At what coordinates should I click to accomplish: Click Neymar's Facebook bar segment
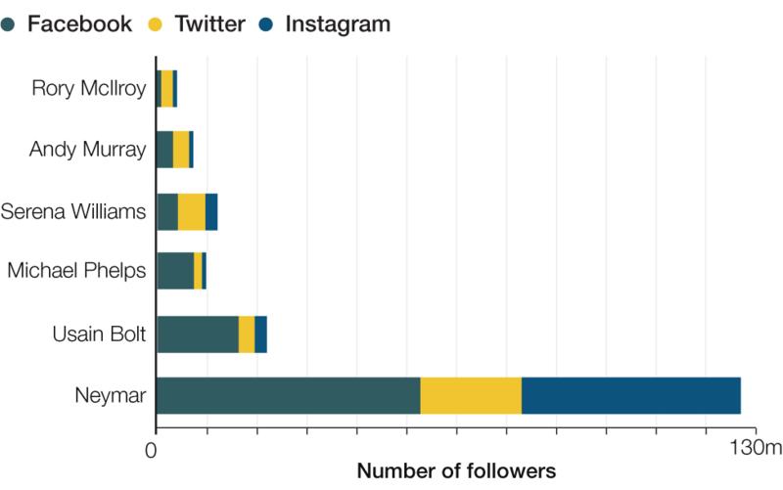coord(288,395)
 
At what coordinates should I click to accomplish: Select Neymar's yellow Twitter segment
coord(471,395)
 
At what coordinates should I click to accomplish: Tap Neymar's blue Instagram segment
coord(630,395)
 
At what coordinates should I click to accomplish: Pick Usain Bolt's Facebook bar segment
coord(198,334)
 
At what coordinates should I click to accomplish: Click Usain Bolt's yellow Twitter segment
coord(247,334)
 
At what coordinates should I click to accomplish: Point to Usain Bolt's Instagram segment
coord(260,334)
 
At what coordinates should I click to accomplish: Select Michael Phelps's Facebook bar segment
coord(175,271)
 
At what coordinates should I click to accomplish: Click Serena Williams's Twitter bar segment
coord(191,211)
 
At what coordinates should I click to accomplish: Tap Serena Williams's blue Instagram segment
coord(210,211)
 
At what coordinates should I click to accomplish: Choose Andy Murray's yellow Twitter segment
coord(181,150)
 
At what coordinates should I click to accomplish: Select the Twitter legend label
coord(209,24)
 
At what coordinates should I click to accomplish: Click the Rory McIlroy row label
coord(89,89)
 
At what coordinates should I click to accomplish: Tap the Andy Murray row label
coord(87,150)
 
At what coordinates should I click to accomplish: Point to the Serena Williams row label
coord(74,211)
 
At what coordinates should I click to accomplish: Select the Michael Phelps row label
coord(77,271)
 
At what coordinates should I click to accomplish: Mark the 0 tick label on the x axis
coord(151,450)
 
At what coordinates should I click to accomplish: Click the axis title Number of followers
coord(456,471)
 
